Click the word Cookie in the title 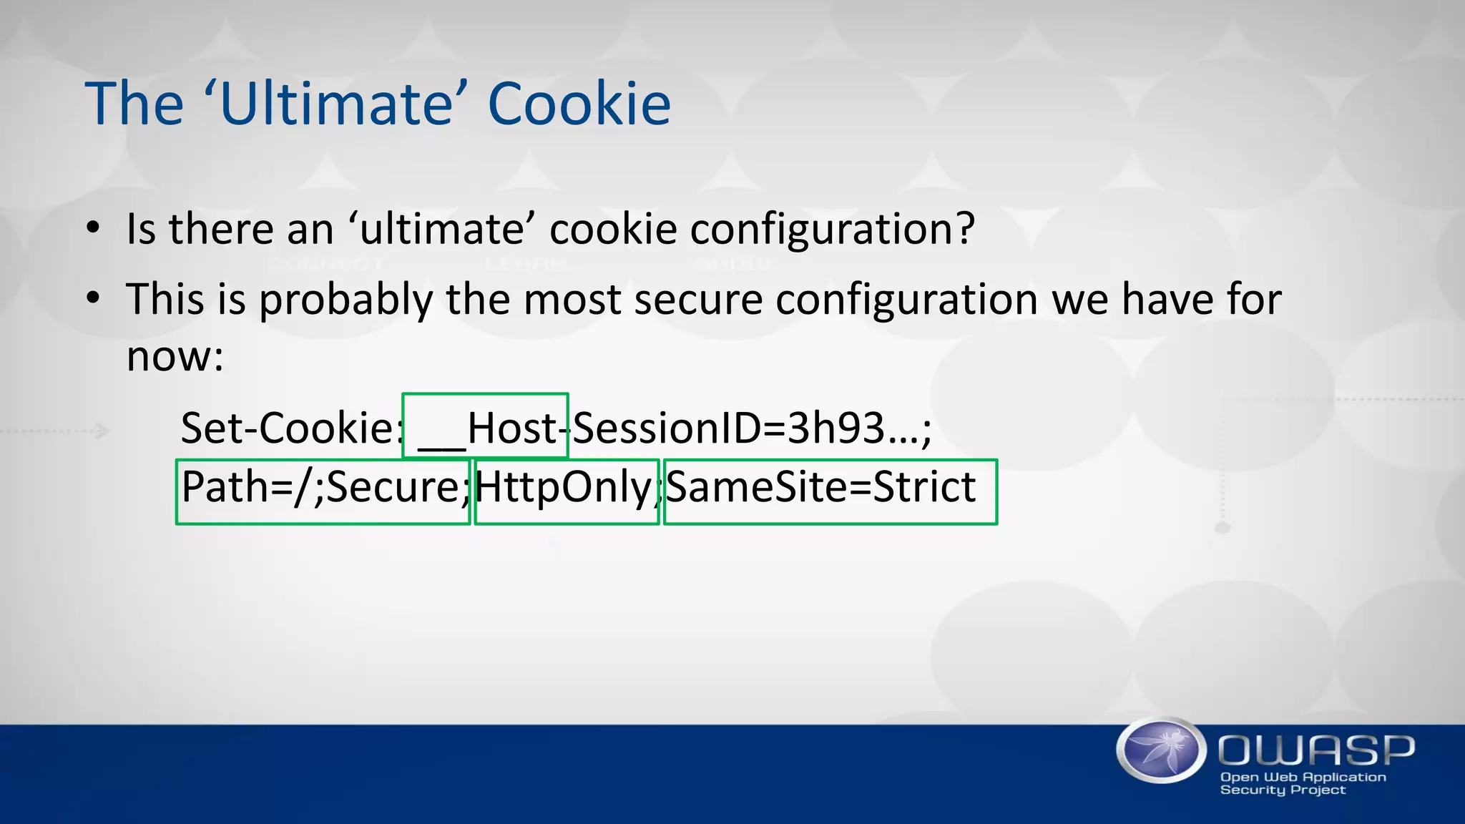579,104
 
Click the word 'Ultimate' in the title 335,104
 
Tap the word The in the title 134,104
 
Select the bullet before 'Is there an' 93,229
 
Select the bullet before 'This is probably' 93,298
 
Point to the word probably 346,300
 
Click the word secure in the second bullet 698,300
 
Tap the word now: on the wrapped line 175,356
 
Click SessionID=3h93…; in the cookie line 752,428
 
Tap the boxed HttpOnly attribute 565,489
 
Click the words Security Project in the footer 1283,790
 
